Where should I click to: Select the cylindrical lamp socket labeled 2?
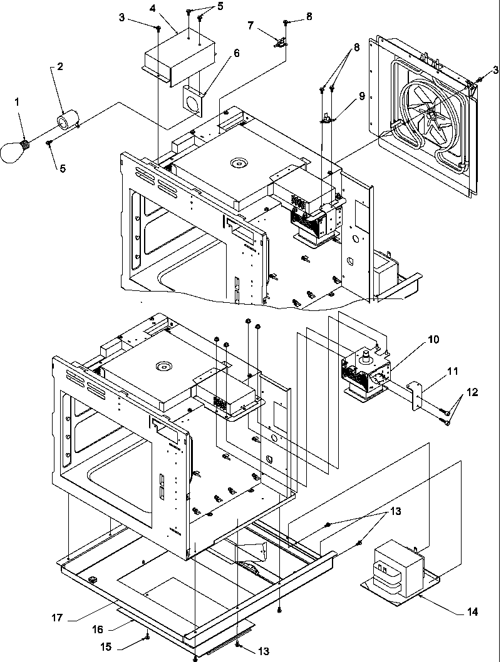(67, 120)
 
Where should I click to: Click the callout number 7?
(251, 26)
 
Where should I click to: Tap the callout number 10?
(433, 340)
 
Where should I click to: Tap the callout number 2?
(61, 66)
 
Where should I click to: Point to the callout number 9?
(361, 97)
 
